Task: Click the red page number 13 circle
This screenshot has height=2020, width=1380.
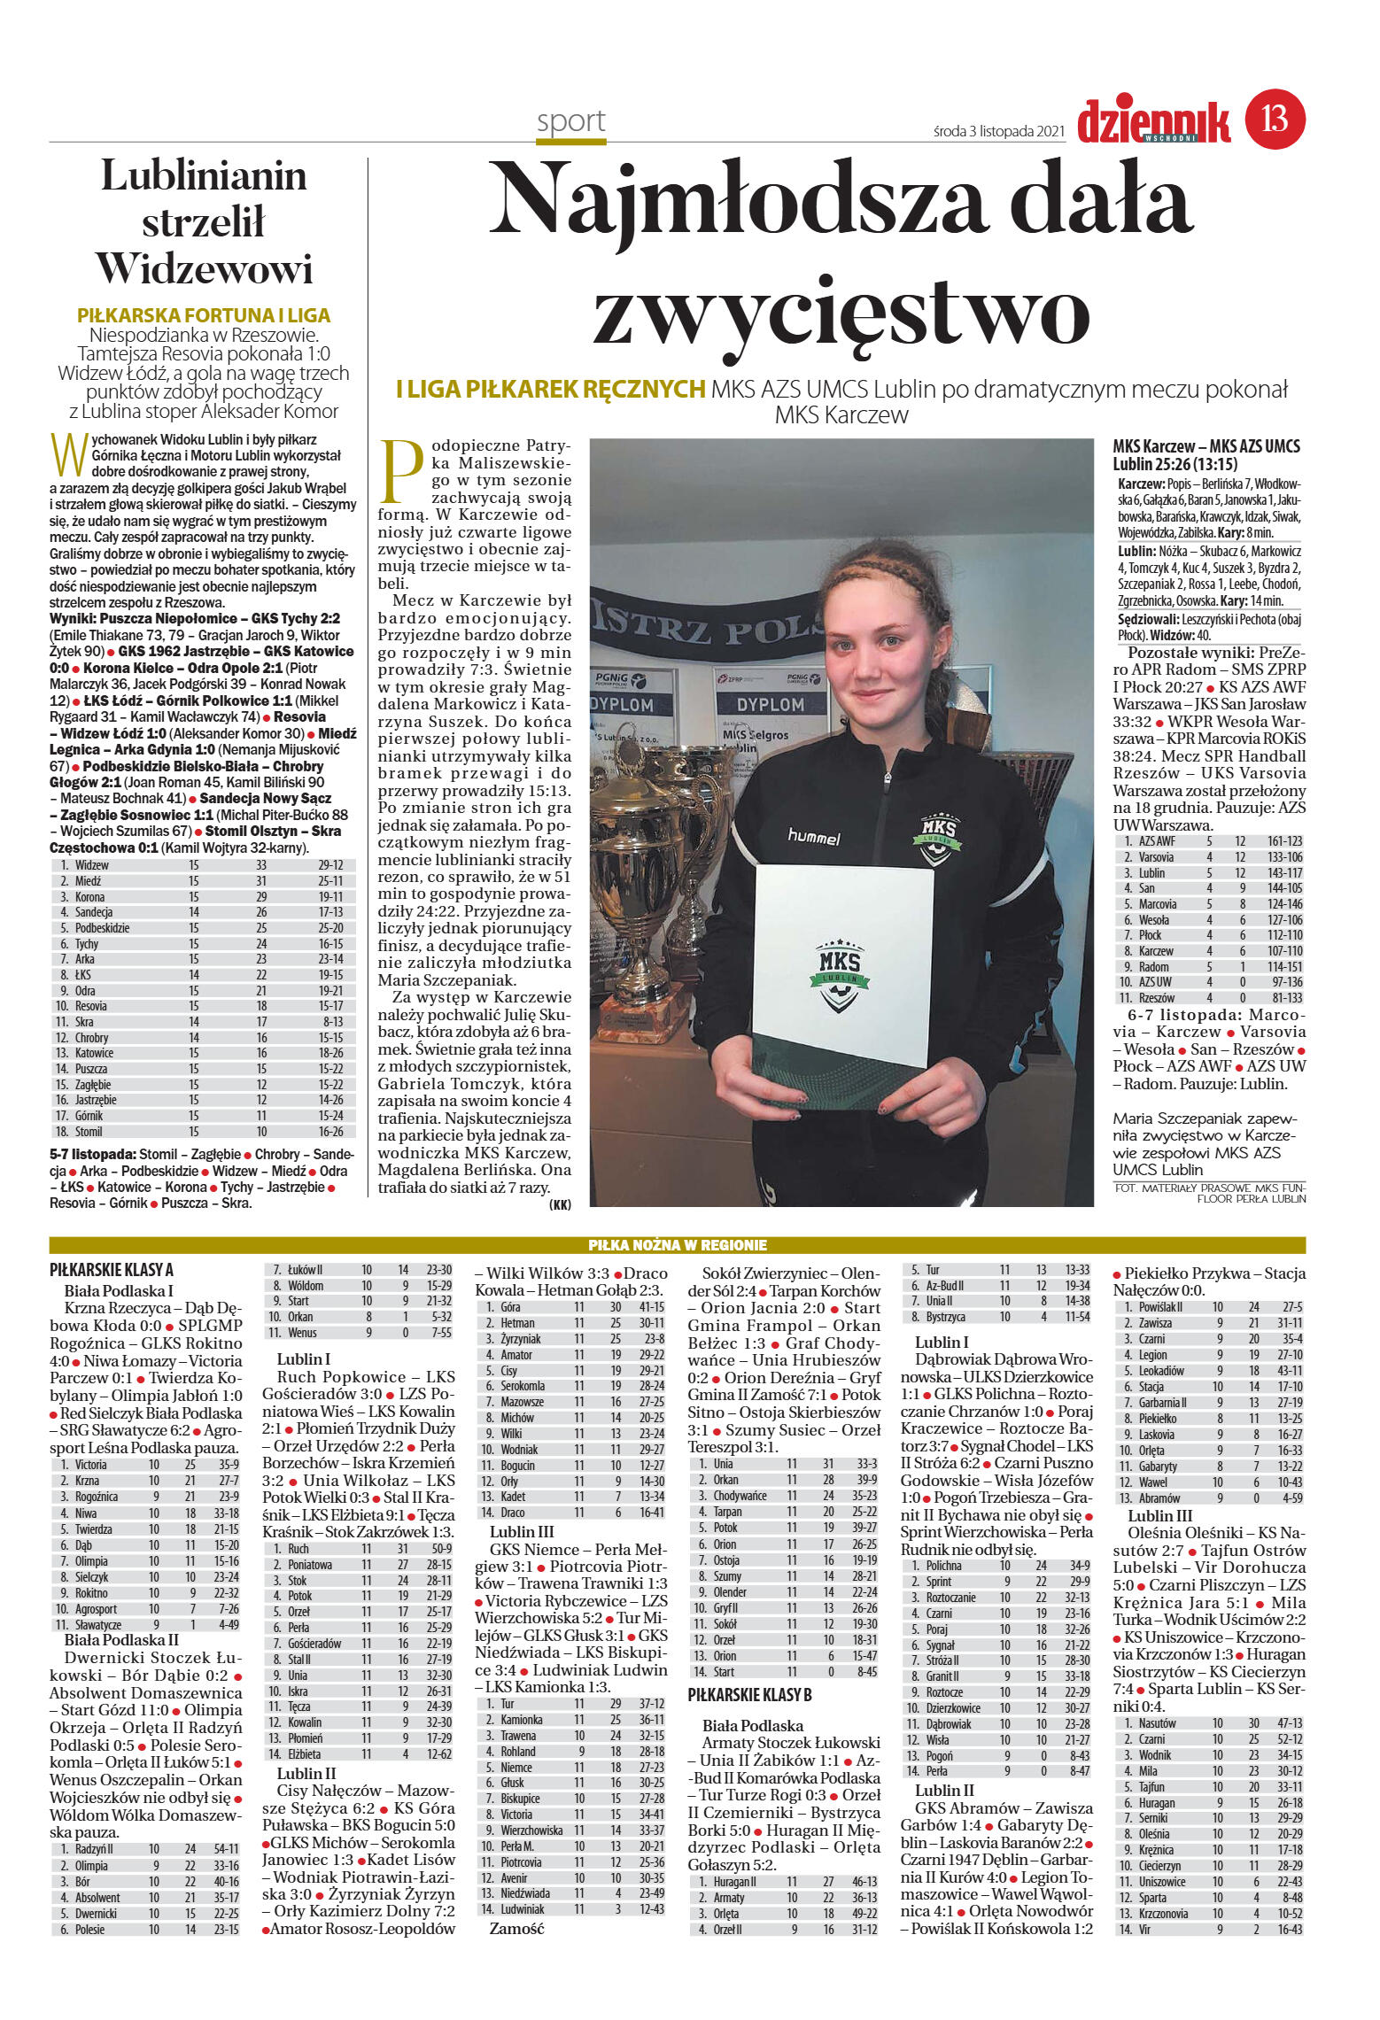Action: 1275,119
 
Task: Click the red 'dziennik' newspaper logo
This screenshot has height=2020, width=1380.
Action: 1153,121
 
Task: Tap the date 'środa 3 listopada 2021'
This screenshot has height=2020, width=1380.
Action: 997,131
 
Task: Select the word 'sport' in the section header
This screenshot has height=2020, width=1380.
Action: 570,121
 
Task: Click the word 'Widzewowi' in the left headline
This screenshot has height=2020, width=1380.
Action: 205,269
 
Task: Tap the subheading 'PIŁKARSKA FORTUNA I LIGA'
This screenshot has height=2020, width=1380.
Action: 204,315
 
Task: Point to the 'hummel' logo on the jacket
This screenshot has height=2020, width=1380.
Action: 813,836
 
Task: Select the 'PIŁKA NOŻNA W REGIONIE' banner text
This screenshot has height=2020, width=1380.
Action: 678,1245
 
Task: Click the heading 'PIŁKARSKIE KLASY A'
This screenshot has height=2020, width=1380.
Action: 112,1270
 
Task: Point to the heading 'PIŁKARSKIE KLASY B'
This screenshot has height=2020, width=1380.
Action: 750,1695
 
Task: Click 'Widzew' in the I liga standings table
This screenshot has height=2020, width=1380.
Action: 92,865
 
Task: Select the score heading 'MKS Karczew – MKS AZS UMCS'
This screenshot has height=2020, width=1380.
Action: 1206,446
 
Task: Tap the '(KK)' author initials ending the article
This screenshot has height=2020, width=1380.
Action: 560,1204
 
